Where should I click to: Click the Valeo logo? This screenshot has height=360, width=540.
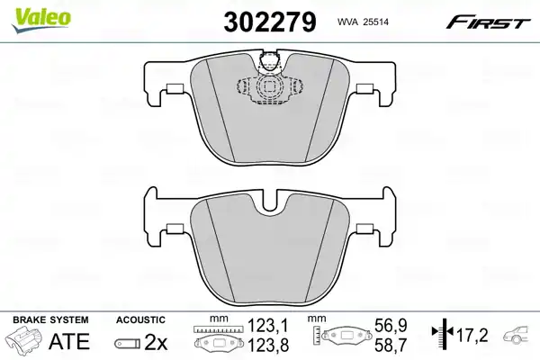[x=41, y=19]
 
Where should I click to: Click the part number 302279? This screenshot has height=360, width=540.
[x=270, y=22]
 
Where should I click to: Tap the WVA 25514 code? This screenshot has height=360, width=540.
[x=363, y=22]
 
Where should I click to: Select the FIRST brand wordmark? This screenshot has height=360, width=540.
[x=488, y=22]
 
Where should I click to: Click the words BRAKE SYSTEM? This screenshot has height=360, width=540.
[x=50, y=319]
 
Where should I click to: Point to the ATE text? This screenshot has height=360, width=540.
[x=69, y=341]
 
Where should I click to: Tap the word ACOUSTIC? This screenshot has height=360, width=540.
[x=140, y=319]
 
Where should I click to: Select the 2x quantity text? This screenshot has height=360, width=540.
[x=156, y=342]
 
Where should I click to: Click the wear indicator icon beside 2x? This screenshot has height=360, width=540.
[x=127, y=344]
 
